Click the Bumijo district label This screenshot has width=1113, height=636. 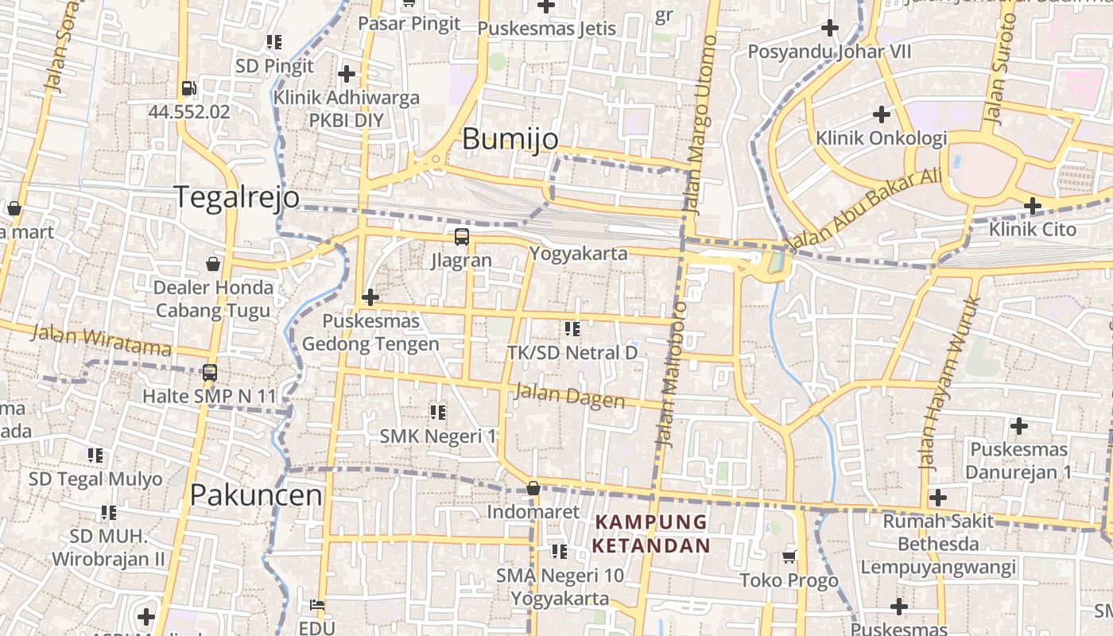pos(510,139)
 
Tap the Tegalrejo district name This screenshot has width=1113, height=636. pos(237,196)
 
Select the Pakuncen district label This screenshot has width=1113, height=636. pos(256,495)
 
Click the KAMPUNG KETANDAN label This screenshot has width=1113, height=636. pos(651,533)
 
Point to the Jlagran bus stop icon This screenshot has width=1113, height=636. pos(462,237)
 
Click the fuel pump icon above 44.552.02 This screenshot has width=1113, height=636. pos(189,88)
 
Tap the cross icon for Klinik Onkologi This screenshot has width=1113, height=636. pos(881,114)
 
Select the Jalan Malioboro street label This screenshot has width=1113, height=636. pos(670,374)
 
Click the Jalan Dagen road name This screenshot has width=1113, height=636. pos(569,395)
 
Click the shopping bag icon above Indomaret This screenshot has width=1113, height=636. pos(533,488)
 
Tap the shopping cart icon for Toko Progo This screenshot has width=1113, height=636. pos(789,556)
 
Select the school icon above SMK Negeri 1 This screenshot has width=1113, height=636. pos(437,413)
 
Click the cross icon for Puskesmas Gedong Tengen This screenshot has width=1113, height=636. pos(370,298)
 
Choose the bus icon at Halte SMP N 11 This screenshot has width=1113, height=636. pos(210,372)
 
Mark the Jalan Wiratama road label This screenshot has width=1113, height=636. pos(101,340)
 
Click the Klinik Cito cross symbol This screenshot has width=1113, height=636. pos(1032,207)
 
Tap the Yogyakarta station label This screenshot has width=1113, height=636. pos(578,254)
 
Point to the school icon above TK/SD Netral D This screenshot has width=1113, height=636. pos(572,328)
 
